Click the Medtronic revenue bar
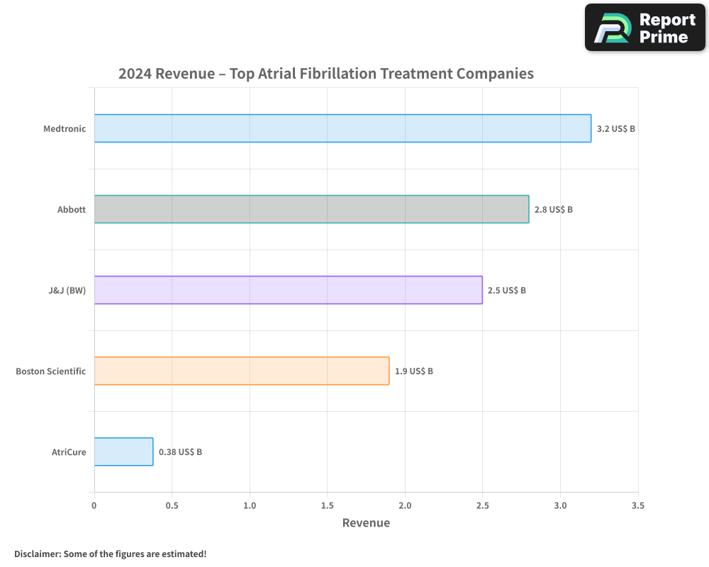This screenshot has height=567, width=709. pyautogui.click(x=342, y=128)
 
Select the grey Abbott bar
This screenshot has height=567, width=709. pyautogui.click(x=311, y=209)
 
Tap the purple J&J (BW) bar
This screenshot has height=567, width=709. pyautogui.click(x=288, y=290)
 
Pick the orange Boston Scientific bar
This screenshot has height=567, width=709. pyautogui.click(x=242, y=371)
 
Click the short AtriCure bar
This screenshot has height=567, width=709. pyautogui.click(x=123, y=451)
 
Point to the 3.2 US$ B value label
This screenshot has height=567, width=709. pyautogui.click(x=615, y=129)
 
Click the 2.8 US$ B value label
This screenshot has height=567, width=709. pyautogui.click(x=553, y=210)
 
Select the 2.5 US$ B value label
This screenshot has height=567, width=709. pyautogui.click(x=506, y=291)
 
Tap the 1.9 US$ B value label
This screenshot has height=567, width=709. pyautogui.click(x=413, y=371)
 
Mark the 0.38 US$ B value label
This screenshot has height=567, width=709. pyautogui.click(x=180, y=452)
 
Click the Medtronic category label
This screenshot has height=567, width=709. pyautogui.click(x=65, y=129)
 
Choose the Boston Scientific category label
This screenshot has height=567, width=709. pyautogui.click(x=50, y=371)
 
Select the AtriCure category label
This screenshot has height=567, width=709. pyautogui.click(x=69, y=452)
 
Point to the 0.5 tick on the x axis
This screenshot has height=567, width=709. pyautogui.click(x=172, y=505)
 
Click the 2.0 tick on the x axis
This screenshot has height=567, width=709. pyautogui.click(x=405, y=505)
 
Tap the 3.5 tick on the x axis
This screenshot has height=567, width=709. pyautogui.click(x=637, y=505)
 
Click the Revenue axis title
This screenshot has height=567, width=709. pyautogui.click(x=366, y=523)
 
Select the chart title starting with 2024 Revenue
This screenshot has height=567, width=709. pyautogui.click(x=325, y=74)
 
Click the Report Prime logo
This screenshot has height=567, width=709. pyautogui.click(x=645, y=28)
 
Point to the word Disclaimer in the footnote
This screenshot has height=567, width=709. pyautogui.click(x=36, y=554)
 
